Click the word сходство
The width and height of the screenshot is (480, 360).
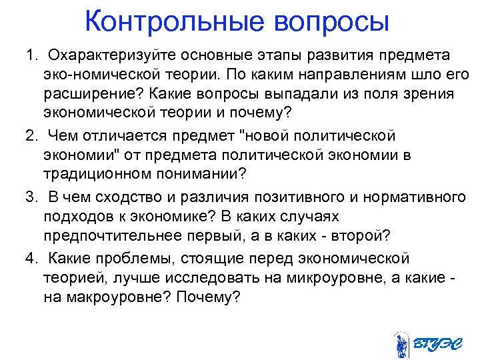(111, 197)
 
